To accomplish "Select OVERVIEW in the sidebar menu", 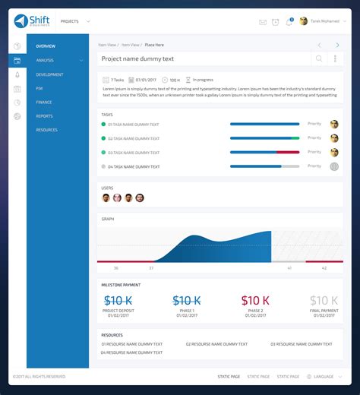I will point(46,46).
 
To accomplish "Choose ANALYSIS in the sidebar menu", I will point(45,60).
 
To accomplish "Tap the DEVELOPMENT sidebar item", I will point(49,74).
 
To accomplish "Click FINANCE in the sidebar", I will point(44,102).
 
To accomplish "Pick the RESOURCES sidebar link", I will point(47,130).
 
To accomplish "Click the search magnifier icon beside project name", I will point(319,58).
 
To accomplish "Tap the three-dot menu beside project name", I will point(335,58).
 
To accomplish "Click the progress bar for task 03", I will point(264,152).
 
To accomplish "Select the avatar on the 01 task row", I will point(334,124).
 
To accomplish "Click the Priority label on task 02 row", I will point(314,138).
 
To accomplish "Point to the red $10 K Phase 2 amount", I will point(255,301).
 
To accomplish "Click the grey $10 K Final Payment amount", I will point(324,301).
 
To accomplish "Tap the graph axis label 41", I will point(289,267).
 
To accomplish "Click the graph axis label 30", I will point(115,267).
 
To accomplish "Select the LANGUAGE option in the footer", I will point(324,377).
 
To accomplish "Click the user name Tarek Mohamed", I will point(325,21).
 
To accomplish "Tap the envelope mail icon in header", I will point(263,22).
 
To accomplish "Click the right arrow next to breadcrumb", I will point(337,46).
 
